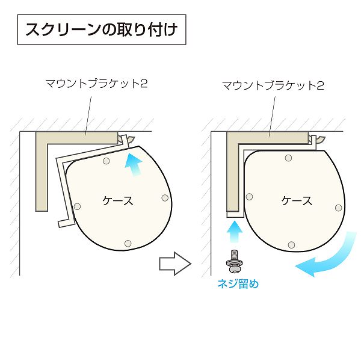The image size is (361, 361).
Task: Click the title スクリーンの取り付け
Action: (102, 29)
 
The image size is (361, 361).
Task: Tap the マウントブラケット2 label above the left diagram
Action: (96, 84)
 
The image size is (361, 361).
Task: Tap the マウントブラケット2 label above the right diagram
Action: (273, 85)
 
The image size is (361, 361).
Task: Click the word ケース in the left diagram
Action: (118, 201)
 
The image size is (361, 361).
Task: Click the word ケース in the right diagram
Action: (297, 201)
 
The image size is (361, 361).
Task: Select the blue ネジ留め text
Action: (238, 283)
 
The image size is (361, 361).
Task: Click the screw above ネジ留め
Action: (235, 262)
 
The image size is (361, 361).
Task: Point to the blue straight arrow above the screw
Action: (235, 232)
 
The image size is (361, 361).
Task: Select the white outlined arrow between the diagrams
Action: (175, 264)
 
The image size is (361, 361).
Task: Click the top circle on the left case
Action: (106, 161)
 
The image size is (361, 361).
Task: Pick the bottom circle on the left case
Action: (128, 243)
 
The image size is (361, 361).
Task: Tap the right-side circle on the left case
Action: (165, 198)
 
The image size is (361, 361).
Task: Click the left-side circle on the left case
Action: (77, 206)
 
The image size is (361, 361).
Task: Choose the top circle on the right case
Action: (288, 158)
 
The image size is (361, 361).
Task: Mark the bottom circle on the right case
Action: (291, 244)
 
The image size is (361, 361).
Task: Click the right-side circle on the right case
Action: (338, 208)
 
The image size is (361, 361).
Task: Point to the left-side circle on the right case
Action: (249, 197)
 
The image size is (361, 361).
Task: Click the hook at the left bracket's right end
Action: (131, 139)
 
